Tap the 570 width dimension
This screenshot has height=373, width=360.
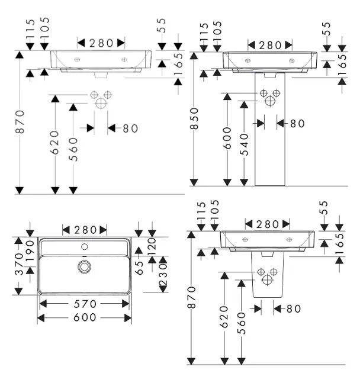coord(85,303)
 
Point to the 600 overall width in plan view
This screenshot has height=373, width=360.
coord(85,318)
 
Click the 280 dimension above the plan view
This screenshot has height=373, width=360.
coord(85,229)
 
